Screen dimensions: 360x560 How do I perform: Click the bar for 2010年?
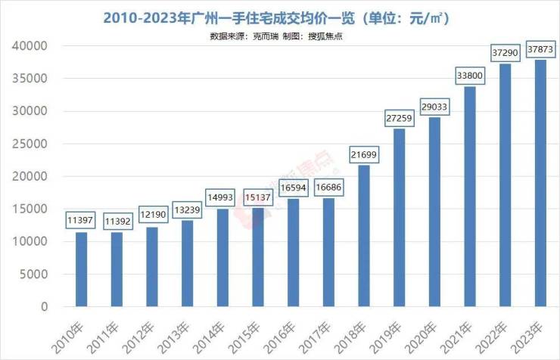(81, 269)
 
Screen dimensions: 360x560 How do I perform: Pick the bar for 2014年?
(222, 258)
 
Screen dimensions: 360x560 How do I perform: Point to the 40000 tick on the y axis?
(30, 46)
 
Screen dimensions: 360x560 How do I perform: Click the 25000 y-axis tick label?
(30, 144)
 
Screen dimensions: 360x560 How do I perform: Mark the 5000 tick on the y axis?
(35, 275)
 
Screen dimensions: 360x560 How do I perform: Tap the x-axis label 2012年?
(145, 333)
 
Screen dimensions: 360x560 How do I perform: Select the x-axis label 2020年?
(427, 333)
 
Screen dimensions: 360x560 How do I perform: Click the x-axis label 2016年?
(285, 333)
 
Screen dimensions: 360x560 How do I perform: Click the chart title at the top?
(280, 17)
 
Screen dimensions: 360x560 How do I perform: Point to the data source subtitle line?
(280, 36)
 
